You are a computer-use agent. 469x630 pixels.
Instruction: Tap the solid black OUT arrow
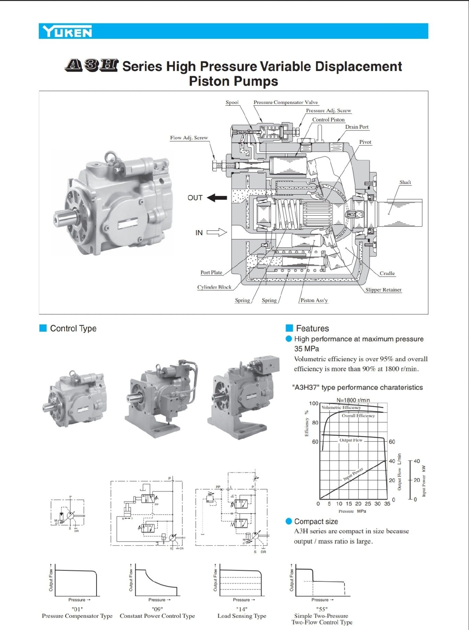pos(217,198)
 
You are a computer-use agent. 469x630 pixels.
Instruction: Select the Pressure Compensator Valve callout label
pos(286,102)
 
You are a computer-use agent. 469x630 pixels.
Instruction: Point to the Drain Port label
pos(357,127)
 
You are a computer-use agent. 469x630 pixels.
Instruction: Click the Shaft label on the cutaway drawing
pos(405,182)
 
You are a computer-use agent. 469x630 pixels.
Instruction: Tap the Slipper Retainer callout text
pos(383,290)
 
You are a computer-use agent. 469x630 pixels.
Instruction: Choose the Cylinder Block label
pos(214,287)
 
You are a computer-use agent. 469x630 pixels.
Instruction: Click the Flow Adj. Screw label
pos(189,138)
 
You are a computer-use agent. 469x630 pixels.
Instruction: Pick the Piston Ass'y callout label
pos(314,300)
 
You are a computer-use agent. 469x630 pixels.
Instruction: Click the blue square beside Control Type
pos(43,328)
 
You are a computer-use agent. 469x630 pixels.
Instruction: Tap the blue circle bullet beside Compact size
pos(289,522)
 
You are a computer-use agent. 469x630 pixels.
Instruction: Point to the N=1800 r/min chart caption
pos(353,400)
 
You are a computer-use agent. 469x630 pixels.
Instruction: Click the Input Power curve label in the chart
pos(353,474)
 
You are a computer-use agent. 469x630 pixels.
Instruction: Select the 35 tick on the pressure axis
pos(387,504)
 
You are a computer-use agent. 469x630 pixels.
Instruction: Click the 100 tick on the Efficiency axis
pos(313,403)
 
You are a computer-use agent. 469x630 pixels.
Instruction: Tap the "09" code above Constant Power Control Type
pos(157,609)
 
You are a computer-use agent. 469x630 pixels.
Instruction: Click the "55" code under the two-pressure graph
pos(322,609)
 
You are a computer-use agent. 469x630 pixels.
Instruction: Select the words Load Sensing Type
pos(242,616)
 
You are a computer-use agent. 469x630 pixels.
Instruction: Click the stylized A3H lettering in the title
pos(91,65)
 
